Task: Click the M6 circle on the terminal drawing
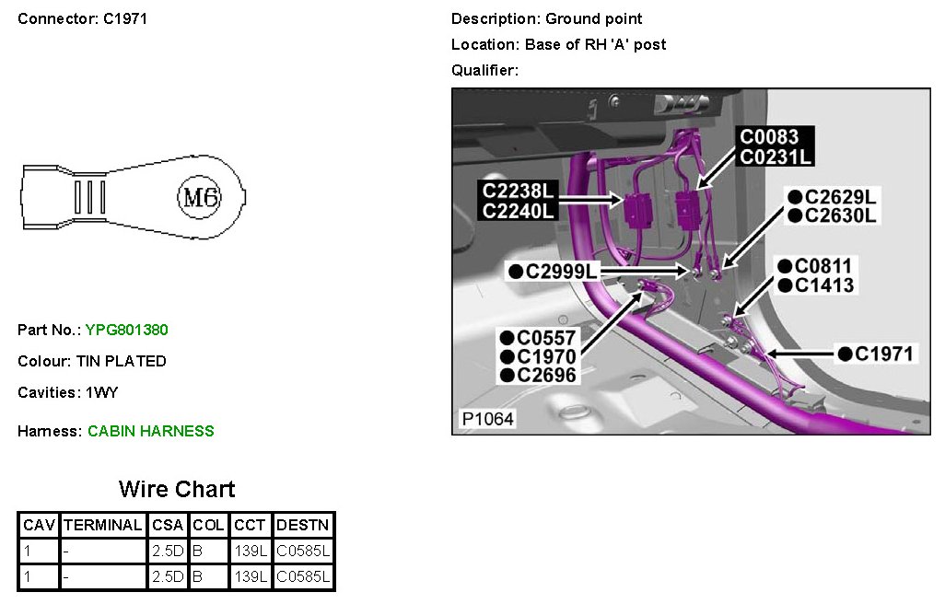tap(200, 196)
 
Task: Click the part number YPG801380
tap(126, 330)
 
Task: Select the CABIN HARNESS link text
tap(151, 431)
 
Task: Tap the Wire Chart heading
tap(177, 489)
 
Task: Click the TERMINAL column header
tap(102, 525)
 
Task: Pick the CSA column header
tap(168, 525)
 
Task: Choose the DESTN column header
tap(303, 525)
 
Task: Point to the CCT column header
tap(250, 525)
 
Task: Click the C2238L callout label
tap(520, 192)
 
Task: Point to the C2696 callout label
tap(545, 375)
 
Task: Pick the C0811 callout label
tap(822, 267)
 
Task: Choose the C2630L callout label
tap(840, 215)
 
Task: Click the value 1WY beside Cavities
tap(101, 392)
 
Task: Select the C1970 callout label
tap(545, 356)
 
